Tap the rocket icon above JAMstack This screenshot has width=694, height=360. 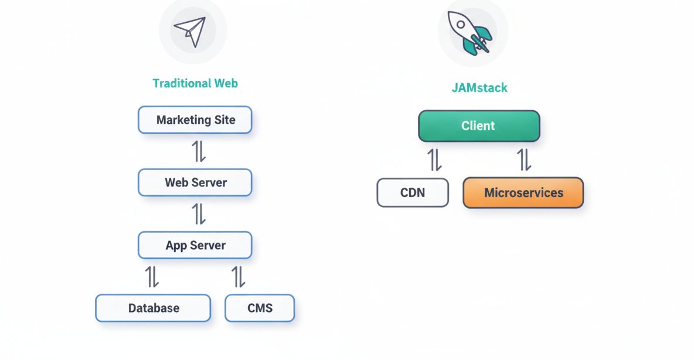471,32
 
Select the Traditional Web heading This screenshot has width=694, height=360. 195,83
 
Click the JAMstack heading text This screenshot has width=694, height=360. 479,88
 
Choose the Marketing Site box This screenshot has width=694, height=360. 195,120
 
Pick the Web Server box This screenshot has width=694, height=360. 195,182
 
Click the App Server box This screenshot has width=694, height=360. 195,245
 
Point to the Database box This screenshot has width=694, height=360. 153,308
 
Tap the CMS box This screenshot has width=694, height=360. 260,308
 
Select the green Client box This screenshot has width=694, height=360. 478,126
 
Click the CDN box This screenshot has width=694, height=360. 413,193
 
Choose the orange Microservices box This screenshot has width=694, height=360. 523,193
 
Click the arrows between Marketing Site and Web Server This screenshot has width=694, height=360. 199,151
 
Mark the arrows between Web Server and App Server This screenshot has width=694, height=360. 199,214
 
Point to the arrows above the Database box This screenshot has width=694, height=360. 152,277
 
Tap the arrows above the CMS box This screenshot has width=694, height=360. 238,277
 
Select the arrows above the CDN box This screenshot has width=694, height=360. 434,159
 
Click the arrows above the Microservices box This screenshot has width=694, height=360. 524,159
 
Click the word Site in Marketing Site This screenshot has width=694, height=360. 224,120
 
